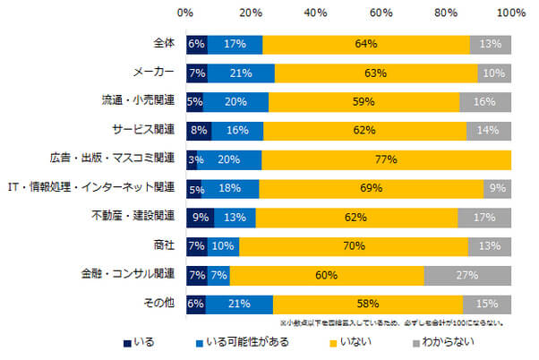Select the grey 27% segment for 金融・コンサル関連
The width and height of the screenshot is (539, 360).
pos(467,275)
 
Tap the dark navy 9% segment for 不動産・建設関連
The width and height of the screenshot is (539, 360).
pos(200,218)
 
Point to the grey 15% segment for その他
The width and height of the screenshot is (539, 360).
pos(487,304)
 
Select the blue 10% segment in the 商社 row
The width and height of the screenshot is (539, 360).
pos(223,246)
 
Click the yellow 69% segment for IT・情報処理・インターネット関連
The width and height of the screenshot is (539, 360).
pos(371,189)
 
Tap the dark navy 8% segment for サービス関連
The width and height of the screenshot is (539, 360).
pos(198,131)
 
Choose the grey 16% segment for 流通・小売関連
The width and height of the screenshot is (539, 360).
pos(485,102)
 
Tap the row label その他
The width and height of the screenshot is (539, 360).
pos(159,304)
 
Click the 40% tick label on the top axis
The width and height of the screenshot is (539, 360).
pos(315,13)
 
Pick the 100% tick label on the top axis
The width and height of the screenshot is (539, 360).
pos(511,13)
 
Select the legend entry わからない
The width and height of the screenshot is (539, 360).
pos(448,341)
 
